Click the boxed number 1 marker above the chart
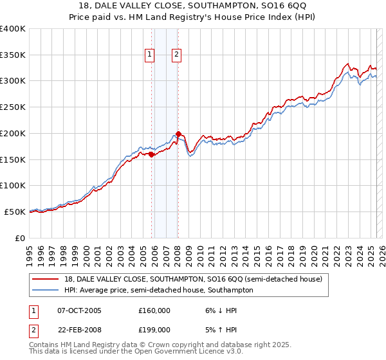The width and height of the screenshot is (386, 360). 149,55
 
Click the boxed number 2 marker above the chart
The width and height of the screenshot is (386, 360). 176,55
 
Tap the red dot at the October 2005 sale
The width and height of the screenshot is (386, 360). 152,154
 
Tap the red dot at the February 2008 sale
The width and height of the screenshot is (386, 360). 178,134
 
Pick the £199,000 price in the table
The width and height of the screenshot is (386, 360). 154,329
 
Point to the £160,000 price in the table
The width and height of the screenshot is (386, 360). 154,310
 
